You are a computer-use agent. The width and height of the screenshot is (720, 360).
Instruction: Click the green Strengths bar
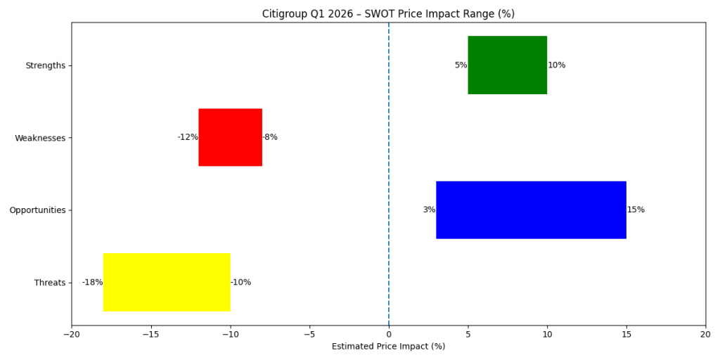point(507,65)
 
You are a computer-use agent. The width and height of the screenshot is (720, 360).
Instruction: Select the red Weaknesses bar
point(230,137)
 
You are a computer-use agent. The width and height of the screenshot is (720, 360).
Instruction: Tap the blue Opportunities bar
point(531,210)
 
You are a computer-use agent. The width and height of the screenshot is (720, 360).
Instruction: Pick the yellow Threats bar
point(167,282)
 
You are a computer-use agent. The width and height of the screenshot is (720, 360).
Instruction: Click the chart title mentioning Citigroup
point(388,14)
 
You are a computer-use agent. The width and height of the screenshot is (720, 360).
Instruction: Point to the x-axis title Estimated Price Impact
point(388,346)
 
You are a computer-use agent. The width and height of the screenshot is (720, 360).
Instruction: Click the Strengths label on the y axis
point(45,65)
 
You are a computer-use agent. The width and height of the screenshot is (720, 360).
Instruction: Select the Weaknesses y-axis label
point(40,138)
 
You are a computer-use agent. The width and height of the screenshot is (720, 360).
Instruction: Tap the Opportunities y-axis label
point(37,210)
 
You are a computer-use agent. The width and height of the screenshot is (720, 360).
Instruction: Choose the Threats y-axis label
point(49,283)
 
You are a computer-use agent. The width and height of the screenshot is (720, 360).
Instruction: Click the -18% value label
point(92,283)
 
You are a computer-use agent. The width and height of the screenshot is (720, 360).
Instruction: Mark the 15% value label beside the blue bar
point(636,210)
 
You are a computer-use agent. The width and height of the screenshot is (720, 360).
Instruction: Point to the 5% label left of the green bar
point(461,65)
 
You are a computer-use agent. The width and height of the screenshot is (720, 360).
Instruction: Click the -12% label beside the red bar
point(187,137)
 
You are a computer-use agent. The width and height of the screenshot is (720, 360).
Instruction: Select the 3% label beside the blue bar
point(429,210)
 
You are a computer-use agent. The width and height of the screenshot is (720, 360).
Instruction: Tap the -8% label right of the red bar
point(270,137)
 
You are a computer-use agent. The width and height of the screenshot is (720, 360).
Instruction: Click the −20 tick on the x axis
point(71,334)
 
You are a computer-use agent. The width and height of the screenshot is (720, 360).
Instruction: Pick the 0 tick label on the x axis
point(388,334)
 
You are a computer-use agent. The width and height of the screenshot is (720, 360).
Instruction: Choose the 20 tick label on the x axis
point(705,334)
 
